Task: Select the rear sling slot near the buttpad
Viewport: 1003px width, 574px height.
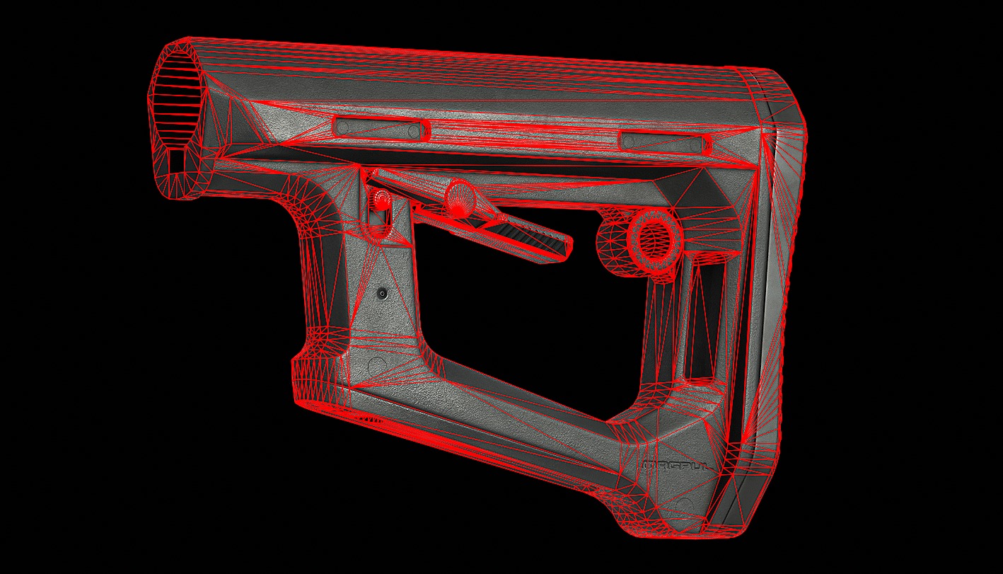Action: pyautogui.click(x=666, y=141)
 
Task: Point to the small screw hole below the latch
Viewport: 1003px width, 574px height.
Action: pyautogui.click(x=382, y=292)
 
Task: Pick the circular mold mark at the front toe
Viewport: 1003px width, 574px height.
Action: pyautogui.click(x=377, y=366)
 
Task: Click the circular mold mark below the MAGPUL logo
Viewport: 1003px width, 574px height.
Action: pyautogui.click(x=682, y=503)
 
